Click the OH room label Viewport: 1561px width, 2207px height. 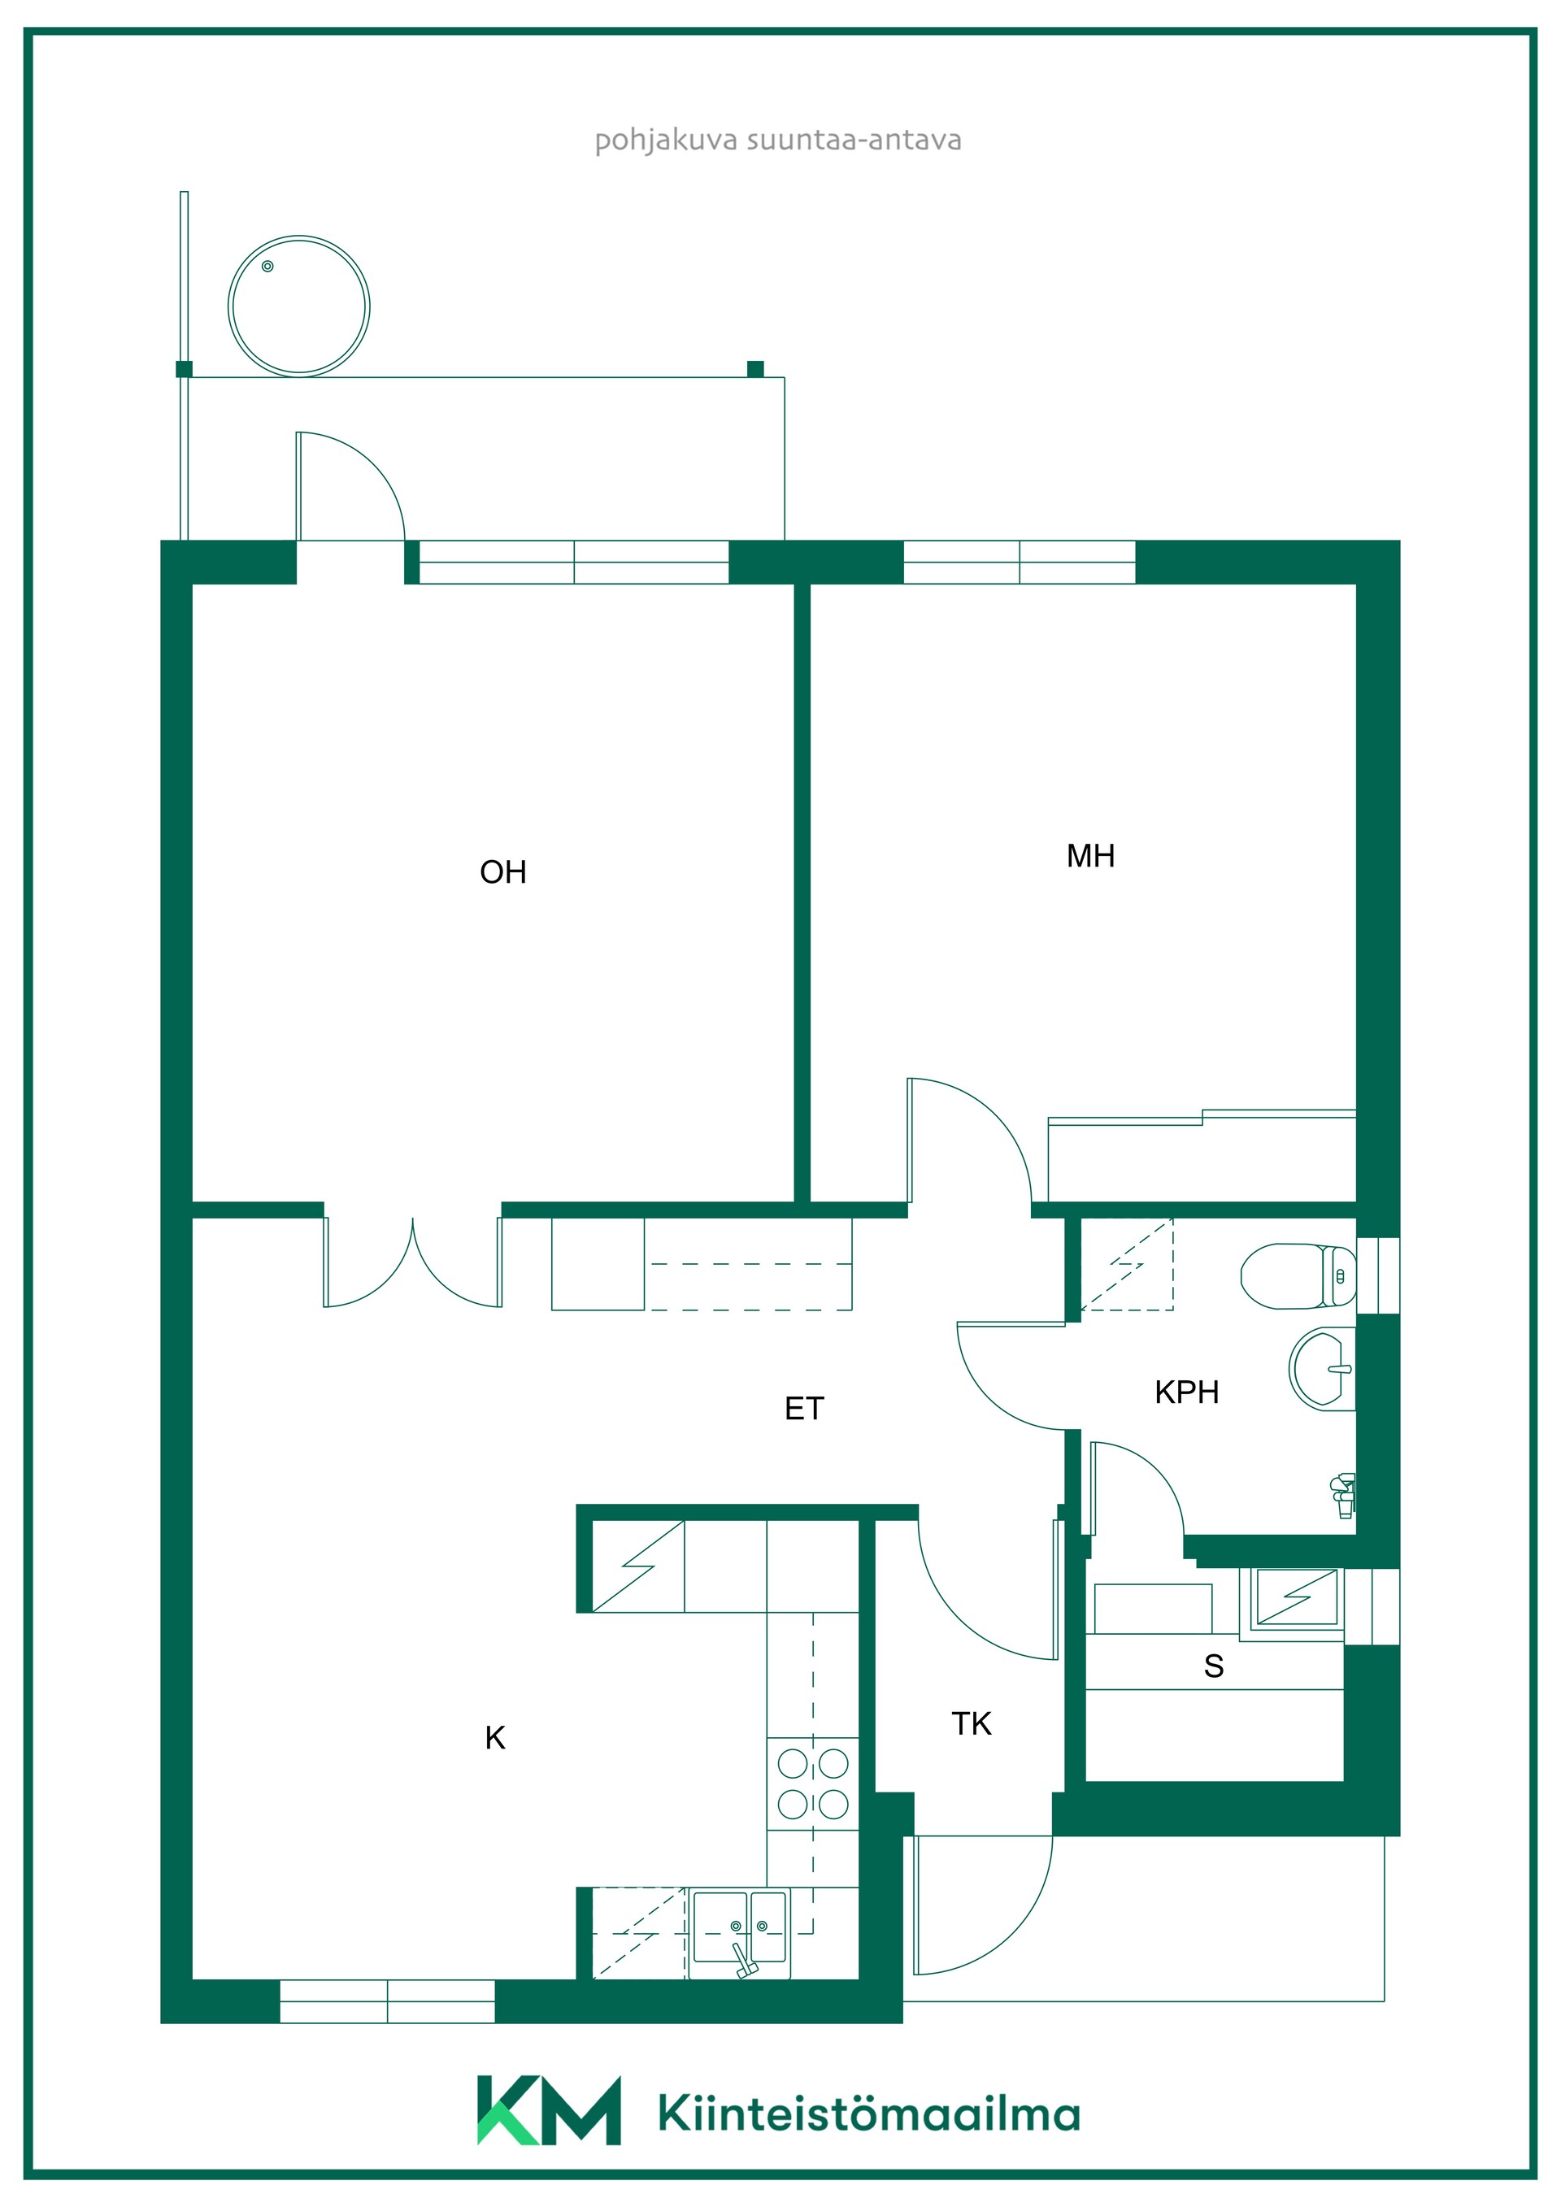tap(502, 872)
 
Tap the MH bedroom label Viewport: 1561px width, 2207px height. tap(1090, 855)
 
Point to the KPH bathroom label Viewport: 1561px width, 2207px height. tap(1186, 1392)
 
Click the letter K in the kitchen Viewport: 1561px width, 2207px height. tap(495, 1738)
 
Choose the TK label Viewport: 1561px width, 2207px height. tap(971, 1723)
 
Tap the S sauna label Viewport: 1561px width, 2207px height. tap(1213, 1666)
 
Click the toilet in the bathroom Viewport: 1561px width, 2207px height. tap(1298, 1276)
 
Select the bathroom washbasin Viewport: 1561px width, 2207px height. tap(1322, 1369)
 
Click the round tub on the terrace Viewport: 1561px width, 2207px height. tap(299, 306)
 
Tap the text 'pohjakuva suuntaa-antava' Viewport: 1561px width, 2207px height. tap(777, 141)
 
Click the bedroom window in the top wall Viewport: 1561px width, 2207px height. tap(1019, 563)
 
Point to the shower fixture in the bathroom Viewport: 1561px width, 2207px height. tap(1344, 1495)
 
